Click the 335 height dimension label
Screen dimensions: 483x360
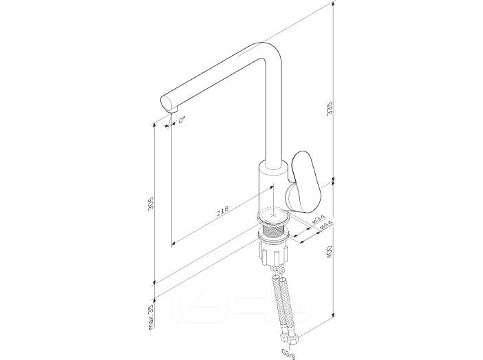tap(330, 109)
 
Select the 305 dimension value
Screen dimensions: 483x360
tap(151, 203)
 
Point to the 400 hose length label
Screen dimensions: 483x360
tap(329, 252)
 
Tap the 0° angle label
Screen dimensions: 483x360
tap(182, 120)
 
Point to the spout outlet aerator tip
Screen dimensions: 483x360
tap(172, 110)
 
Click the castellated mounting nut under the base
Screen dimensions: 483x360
tap(274, 253)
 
